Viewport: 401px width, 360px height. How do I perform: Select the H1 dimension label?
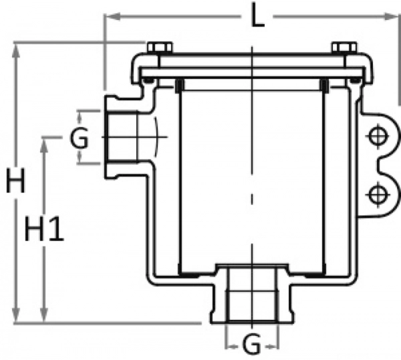pyautogui.click(x=44, y=231)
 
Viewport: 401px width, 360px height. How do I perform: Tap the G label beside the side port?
pyautogui.click(x=79, y=140)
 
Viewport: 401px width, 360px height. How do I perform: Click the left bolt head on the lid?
pyautogui.click(x=158, y=48)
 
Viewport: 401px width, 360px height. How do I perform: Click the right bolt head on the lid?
pyautogui.click(x=343, y=48)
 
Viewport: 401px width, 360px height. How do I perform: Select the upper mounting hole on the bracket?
pyautogui.click(x=378, y=138)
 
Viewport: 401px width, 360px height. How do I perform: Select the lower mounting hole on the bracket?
pyautogui.click(x=378, y=193)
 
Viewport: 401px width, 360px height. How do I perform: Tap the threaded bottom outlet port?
pyautogui.click(x=251, y=298)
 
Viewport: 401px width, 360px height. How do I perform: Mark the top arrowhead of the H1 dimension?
pyautogui.click(x=45, y=141)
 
